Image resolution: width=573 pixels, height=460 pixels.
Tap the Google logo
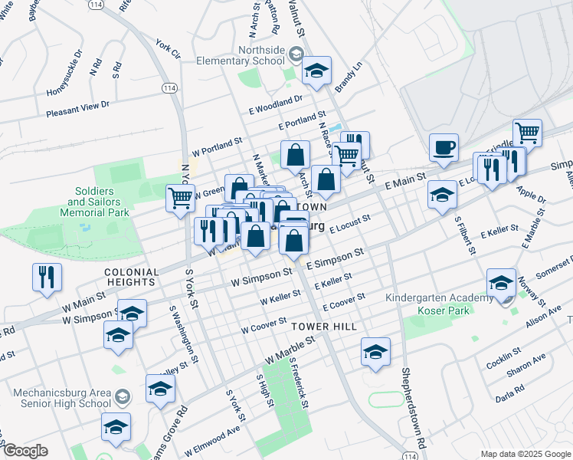coord(25,451)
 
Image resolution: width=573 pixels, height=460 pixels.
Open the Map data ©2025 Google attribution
coord(525,454)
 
